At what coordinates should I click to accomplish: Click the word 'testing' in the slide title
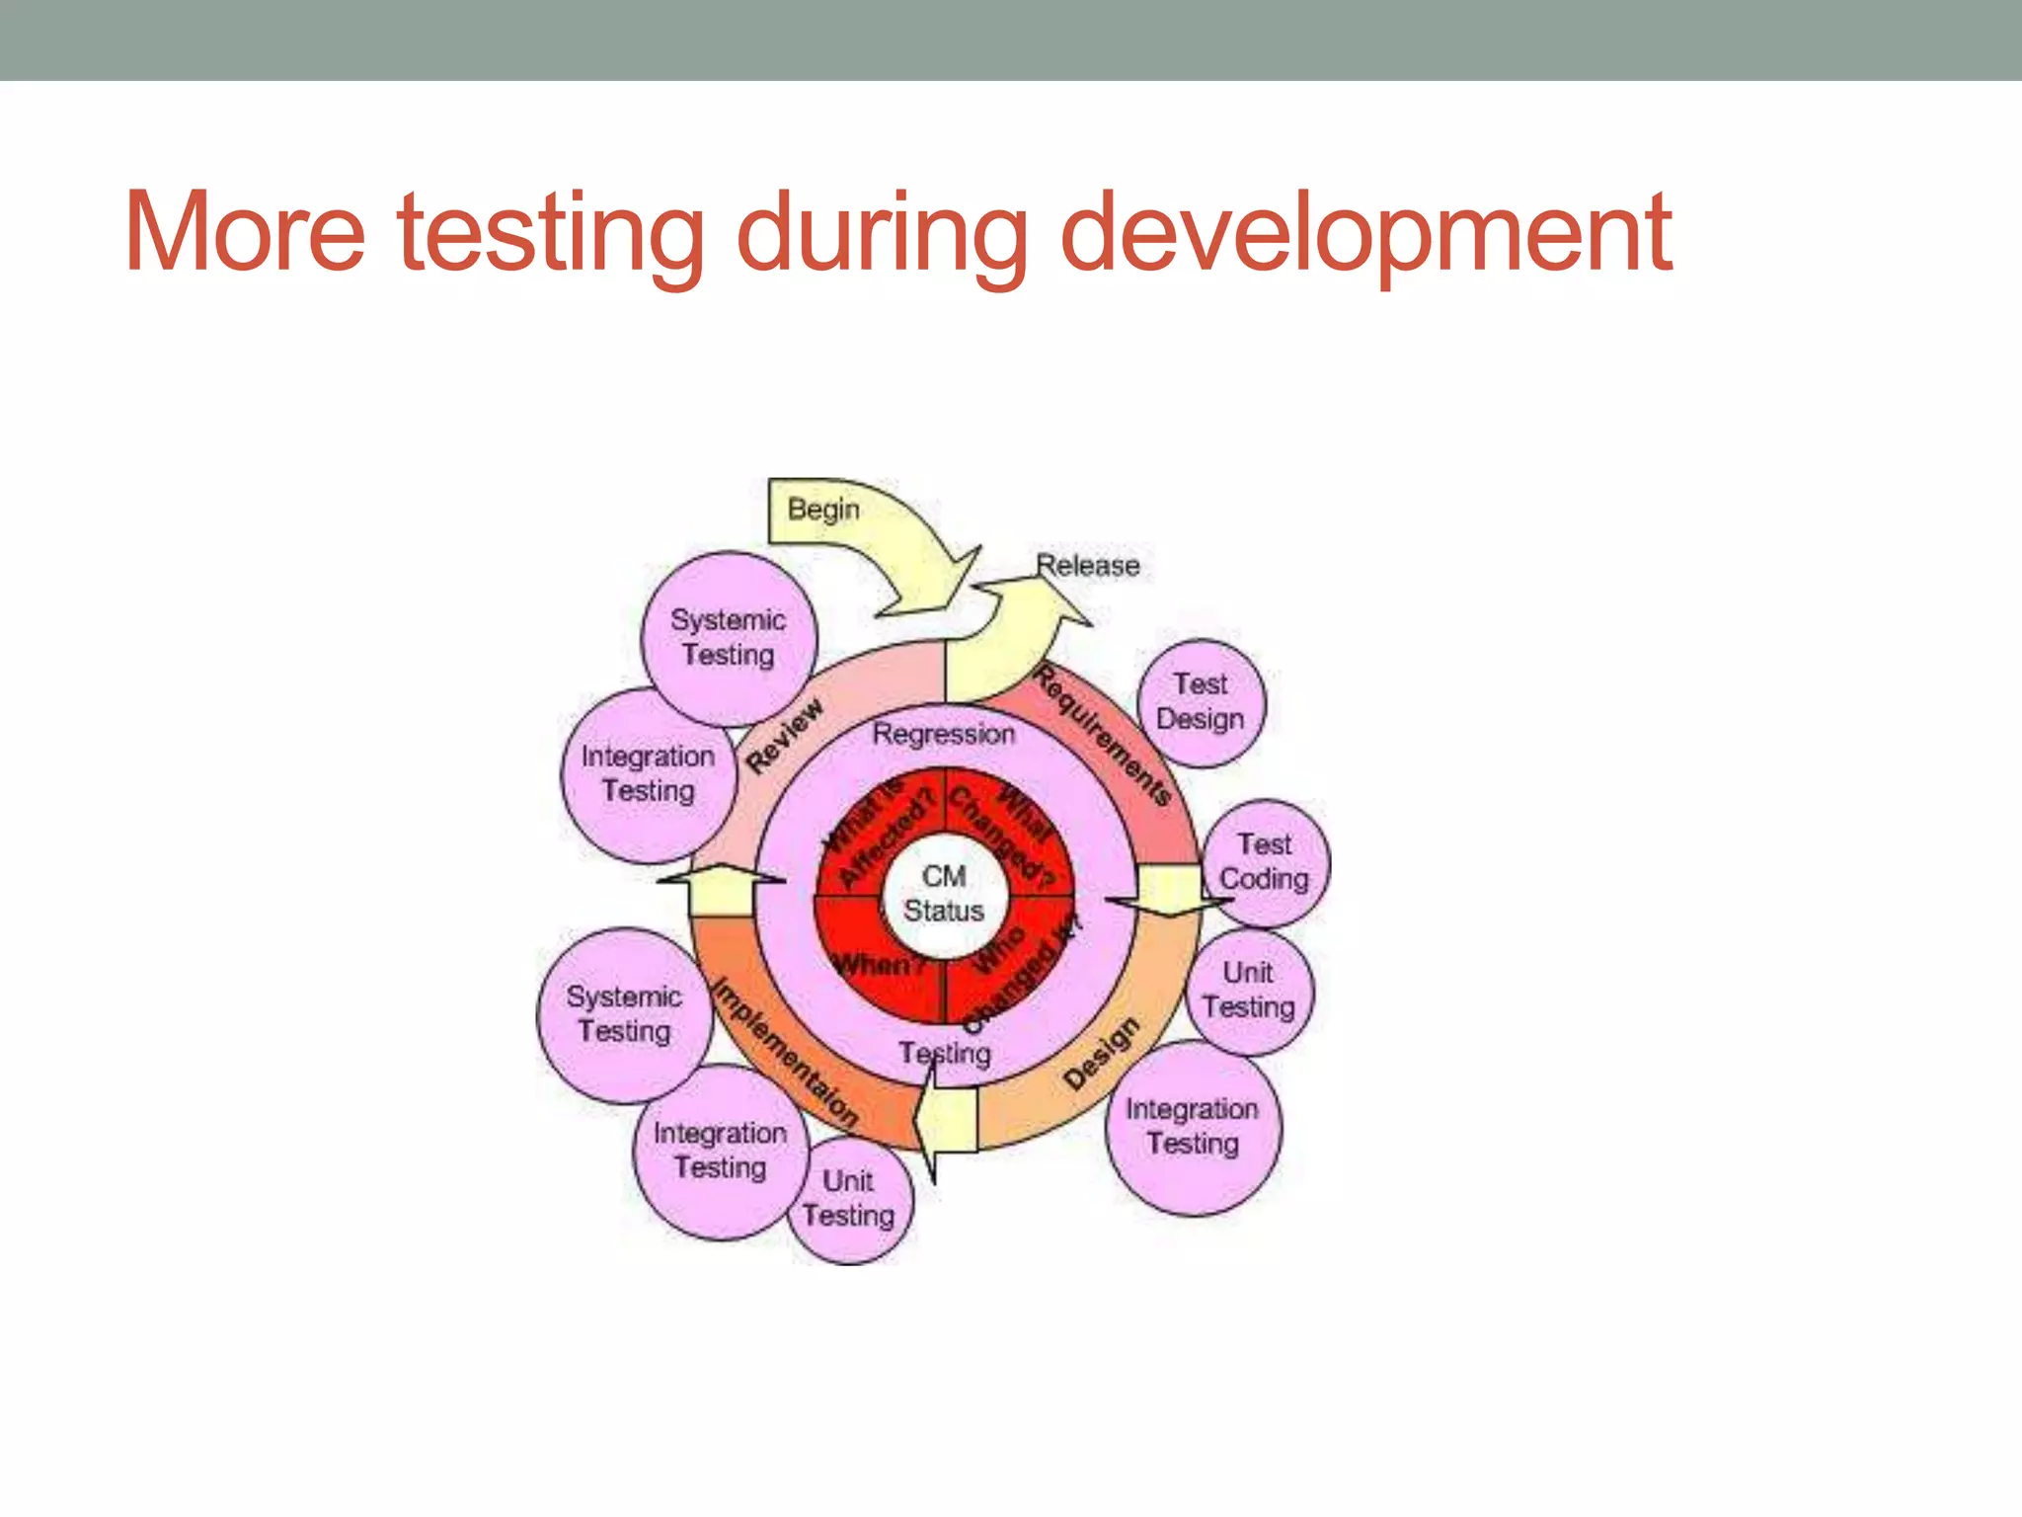tap(550, 233)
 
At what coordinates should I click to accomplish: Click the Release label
tap(1087, 566)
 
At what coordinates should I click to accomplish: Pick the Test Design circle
tap(1201, 702)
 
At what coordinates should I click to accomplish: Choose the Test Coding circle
tap(1265, 862)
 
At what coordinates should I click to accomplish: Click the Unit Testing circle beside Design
tap(1249, 991)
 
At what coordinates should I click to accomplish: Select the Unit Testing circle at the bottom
tap(849, 1199)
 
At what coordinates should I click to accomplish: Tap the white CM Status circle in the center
tap(944, 894)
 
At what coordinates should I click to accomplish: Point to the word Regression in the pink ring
tap(943, 735)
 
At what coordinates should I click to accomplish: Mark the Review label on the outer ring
tap(785, 736)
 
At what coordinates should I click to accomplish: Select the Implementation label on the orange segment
tap(785, 1053)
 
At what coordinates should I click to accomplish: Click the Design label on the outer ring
tap(1102, 1054)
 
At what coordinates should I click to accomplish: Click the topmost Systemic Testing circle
tap(729, 638)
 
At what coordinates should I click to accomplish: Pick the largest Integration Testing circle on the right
tap(1193, 1127)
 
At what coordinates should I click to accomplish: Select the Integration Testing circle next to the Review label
tap(649, 774)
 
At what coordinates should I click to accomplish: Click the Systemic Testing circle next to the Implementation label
tap(624, 1014)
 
